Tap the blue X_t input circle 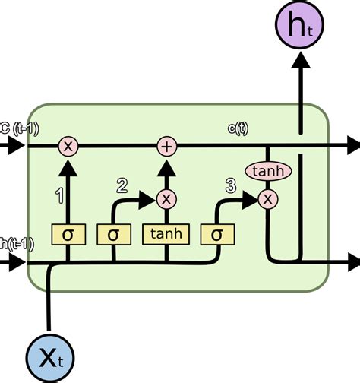point(49,356)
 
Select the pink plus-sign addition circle point(166,146)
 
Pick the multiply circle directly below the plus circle point(166,198)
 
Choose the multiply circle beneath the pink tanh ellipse point(267,199)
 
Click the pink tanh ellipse point(267,172)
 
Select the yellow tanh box point(166,234)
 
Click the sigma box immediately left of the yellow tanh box point(114,234)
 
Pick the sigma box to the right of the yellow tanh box point(216,234)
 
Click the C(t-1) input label point(15,127)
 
